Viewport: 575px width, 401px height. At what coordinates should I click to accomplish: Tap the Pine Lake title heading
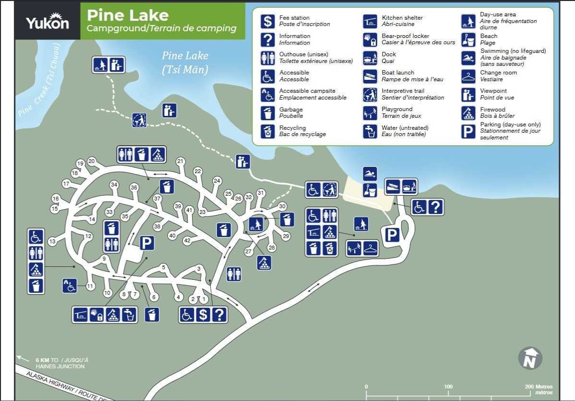point(128,15)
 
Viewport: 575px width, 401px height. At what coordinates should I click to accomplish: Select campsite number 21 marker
point(180,161)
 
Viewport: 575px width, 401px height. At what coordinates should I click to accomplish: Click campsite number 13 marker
point(52,241)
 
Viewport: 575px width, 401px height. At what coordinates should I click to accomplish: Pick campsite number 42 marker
point(187,240)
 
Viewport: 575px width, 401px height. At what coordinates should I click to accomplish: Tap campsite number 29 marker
point(286,236)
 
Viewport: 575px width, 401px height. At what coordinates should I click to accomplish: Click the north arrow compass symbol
point(530,358)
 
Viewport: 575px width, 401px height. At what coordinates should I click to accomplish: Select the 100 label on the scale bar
point(448,387)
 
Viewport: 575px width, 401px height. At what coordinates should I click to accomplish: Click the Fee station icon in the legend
point(267,21)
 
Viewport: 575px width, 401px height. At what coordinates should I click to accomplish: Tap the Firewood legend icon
point(468,113)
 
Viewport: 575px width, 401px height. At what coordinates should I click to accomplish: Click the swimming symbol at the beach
point(370,174)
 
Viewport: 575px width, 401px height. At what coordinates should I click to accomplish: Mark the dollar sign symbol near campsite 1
point(203,314)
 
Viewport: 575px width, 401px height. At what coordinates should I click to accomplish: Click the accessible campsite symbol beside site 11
point(70,286)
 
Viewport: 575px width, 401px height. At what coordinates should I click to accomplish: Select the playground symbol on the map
point(354,249)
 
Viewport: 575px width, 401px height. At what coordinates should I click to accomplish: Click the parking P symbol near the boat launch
point(392,235)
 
